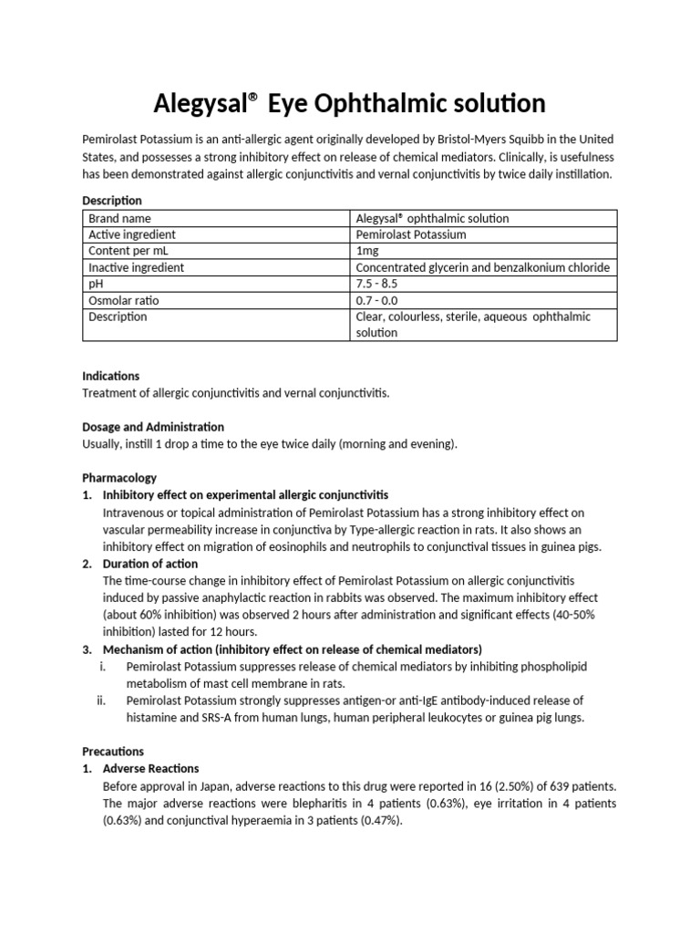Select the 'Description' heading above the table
pyautogui.click(x=112, y=200)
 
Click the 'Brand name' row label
pyautogui.click(x=119, y=218)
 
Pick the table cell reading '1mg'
pyautogui.click(x=366, y=251)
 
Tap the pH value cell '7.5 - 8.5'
pyautogui.click(x=378, y=284)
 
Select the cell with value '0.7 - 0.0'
pyautogui.click(x=378, y=300)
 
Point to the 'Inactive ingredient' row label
pyautogui.click(x=136, y=267)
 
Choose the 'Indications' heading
pyautogui.click(x=111, y=376)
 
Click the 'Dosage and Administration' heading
pyautogui.click(x=153, y=427)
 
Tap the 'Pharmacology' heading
pyautogui.click(x=119, y=478)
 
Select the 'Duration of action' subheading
pyautogui.click(x=150, y=564)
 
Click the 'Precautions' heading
pyautogui.click(x=113, y=752)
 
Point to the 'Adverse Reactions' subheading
pyautogui.click(x=150, y=769)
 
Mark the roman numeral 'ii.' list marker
pyautogui.click(x=102, y=700)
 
